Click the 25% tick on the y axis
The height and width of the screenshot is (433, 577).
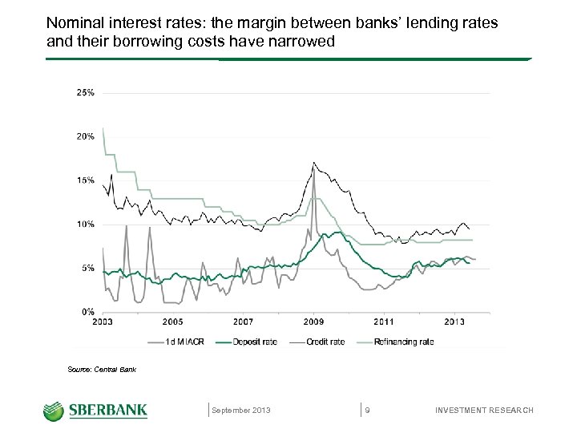[85, 93]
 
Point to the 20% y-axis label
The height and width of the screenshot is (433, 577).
[85, 136]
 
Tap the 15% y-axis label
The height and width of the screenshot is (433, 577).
[85, 180]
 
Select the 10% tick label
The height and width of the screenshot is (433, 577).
[85, 224]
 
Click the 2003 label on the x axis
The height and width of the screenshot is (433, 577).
[103, 322]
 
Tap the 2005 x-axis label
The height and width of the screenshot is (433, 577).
[173, 322]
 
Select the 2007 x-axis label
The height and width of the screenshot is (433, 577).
[243, 322]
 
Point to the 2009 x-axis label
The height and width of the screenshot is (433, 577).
[313, 322]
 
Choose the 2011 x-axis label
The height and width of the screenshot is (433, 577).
[384, 322]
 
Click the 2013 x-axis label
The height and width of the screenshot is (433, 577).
[454, 322]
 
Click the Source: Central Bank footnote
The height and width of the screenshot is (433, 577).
[102, 370]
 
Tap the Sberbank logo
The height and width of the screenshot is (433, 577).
[95, 411]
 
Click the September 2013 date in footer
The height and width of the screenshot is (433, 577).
[241, 411]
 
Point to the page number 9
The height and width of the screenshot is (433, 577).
[367, 411]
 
